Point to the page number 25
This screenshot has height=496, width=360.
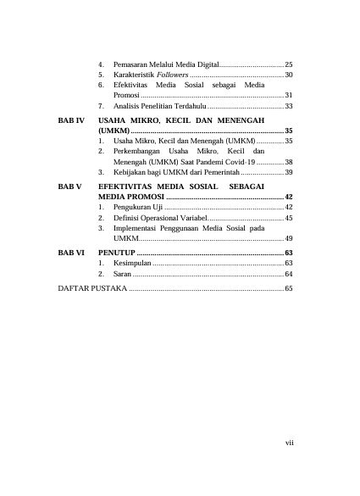288,64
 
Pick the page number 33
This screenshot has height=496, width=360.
288,106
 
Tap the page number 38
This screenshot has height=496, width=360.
288,161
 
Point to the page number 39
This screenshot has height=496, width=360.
288,172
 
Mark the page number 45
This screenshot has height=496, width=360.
288,218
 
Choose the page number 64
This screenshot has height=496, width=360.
288,275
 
